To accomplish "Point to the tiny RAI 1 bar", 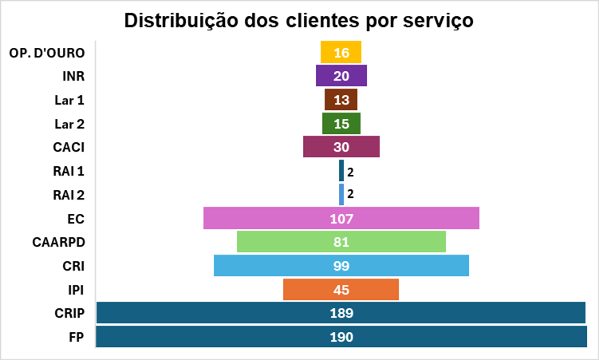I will click(341, 171).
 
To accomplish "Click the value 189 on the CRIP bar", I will click(341, 313).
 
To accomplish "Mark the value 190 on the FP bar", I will click(341, 337).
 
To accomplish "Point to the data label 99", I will click(341, 266).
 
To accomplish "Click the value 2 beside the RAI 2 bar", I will click(350, 195).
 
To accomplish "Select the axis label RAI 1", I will click(69, 171).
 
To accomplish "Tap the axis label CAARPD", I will click(58, 242).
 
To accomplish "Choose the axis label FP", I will click(77, 337).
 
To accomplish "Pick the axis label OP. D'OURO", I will click(46, 53).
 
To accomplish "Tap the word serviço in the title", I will click(436, 20).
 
